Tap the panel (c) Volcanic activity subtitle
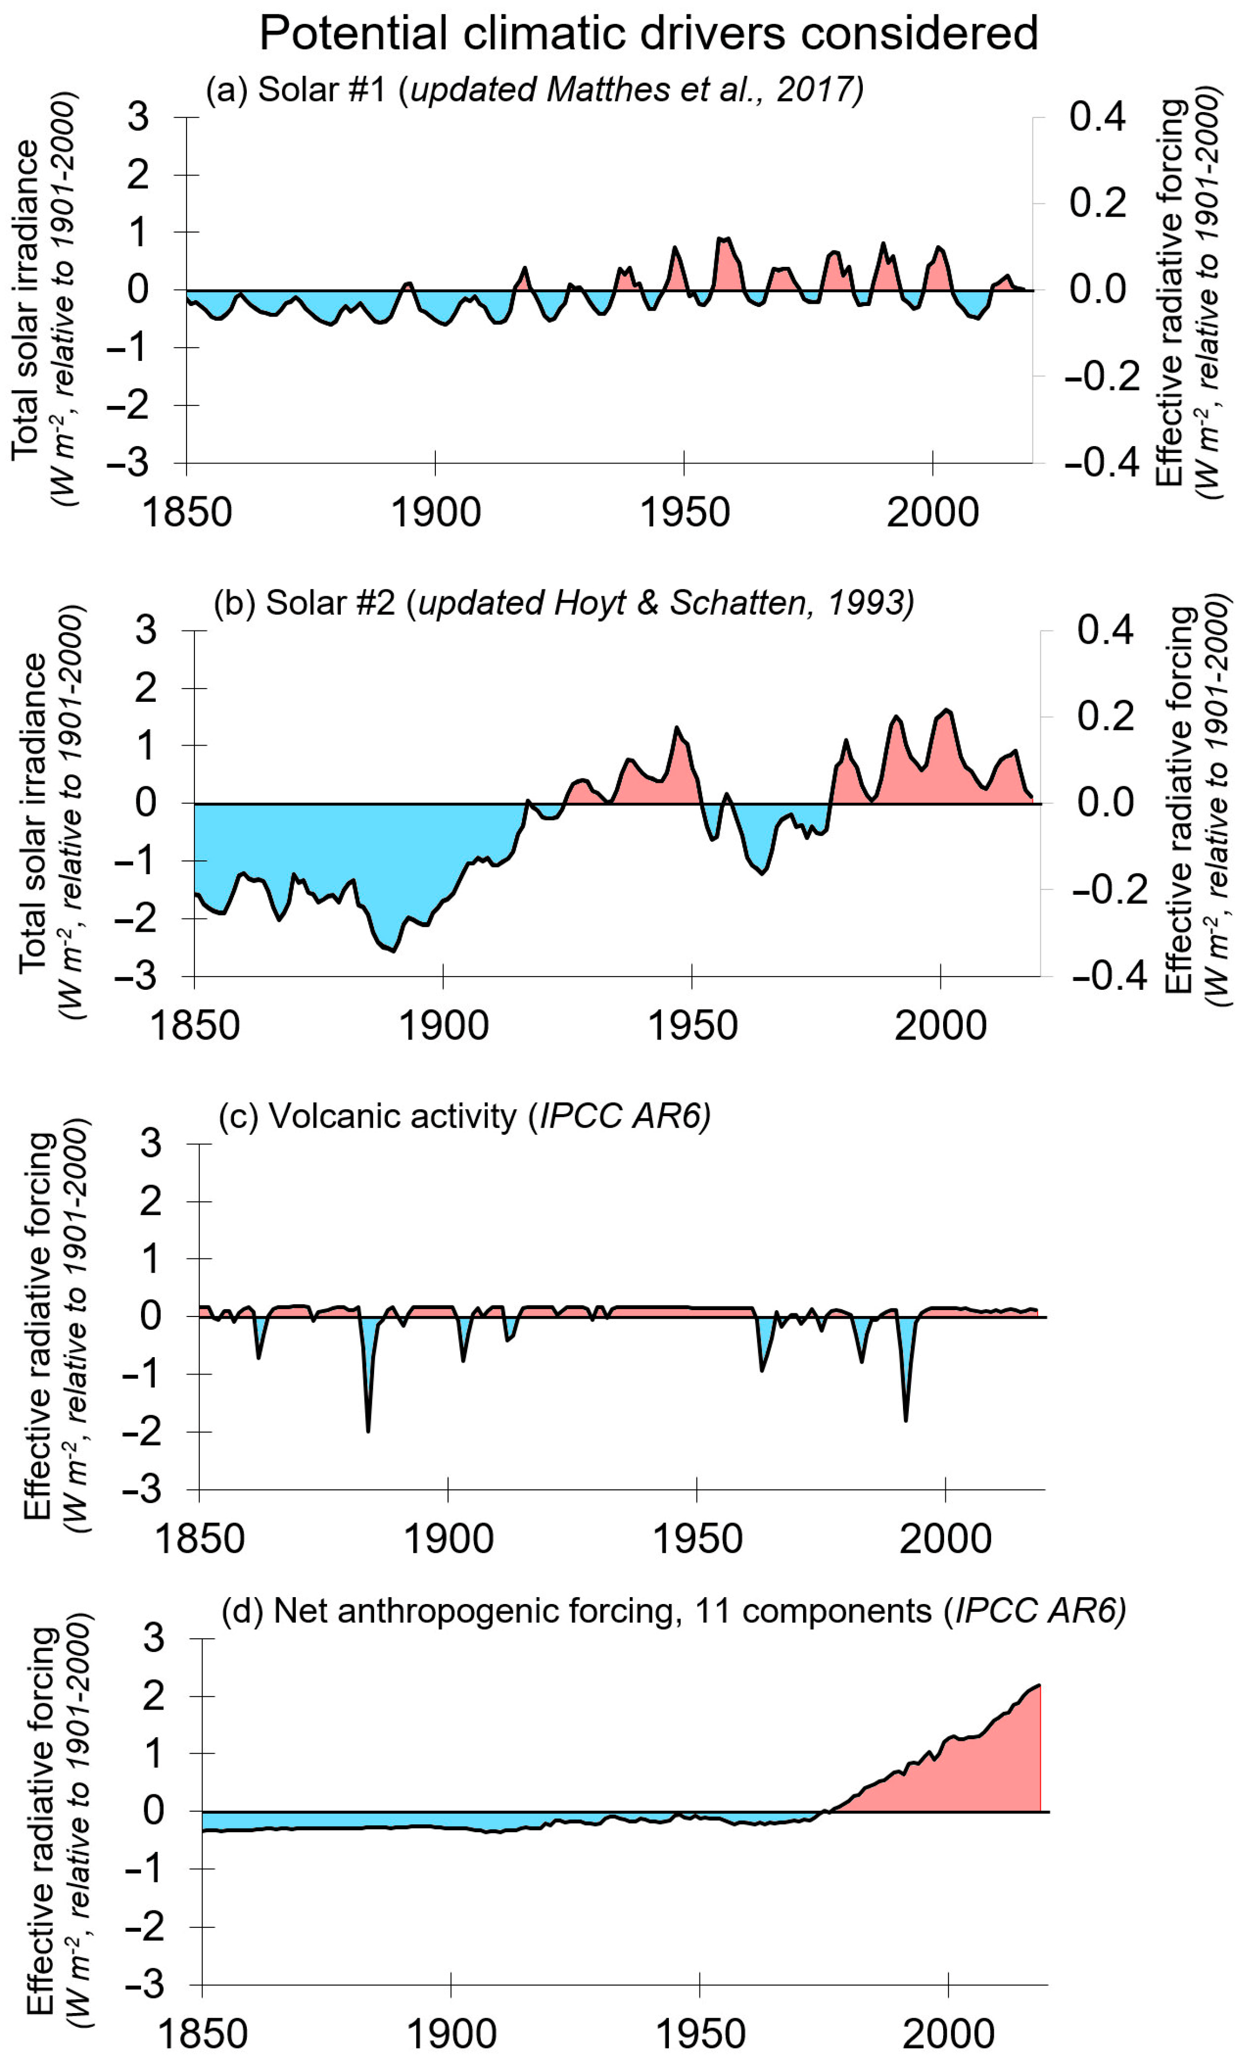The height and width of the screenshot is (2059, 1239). coord(464,1116)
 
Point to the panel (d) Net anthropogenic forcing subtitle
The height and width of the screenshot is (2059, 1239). coord(673,1611)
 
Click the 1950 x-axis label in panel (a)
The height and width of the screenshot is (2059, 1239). coord(684,512)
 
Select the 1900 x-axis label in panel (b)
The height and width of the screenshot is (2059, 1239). coord(443,1025)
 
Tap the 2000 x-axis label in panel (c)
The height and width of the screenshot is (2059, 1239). coord(945,1539)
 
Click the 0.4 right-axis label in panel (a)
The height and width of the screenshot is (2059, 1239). coord(1097,117)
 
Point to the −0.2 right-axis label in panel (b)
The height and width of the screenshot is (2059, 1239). coord(1108,890)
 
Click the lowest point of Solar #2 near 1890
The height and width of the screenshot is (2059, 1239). coord(393,951)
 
